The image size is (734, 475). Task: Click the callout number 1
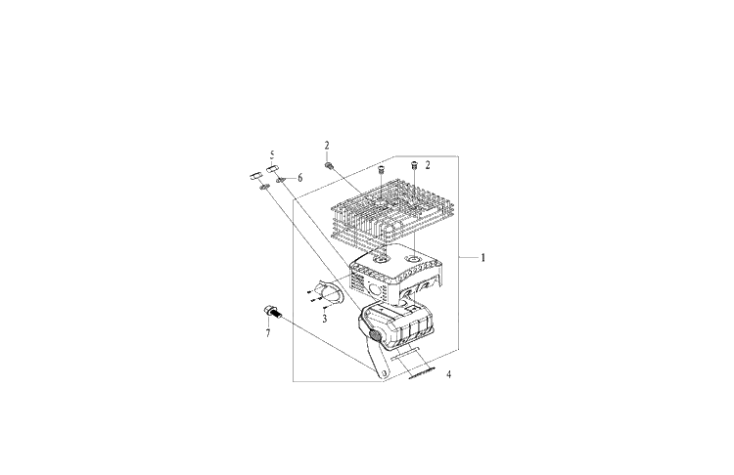pyautogui.click(x=483, y=257)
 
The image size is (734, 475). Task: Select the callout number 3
pyautogui.click(x=324, y=319)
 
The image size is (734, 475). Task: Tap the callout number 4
pyautogui.click(x=448, y=374)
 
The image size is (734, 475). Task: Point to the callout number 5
pyautogui.click(x=272, y=154)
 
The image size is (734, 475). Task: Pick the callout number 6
pyautogui.click(x=300, y=178)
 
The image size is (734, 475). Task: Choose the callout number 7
pyautogui.click(x=268, y=333)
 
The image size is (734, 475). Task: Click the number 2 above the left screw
pyautogui.click(x=327, y=146)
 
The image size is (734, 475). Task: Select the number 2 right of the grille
pyautogui.click(x=428, y=165)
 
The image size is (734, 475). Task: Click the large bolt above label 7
pyautogui.click(x=271, y=312)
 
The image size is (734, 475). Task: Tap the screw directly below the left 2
pyautogui.click(x=330, y=165)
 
